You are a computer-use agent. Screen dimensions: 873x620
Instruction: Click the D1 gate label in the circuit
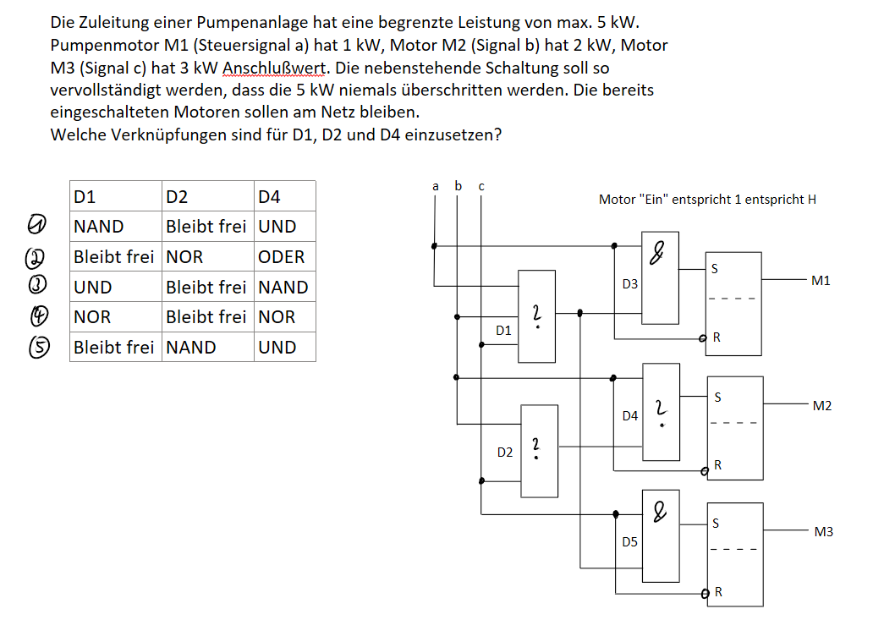click(503, 331)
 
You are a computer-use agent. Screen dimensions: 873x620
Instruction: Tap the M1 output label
click(821, 281)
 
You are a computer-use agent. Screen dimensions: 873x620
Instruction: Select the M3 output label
click(823, 531)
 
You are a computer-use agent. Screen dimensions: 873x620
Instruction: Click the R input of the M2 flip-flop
click(717, 464)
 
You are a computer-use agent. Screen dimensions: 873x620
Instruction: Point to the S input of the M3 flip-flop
click(716, 524)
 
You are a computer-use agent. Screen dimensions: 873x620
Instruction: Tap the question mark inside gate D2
click(535, 448)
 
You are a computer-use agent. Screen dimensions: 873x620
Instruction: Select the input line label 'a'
click(436, 186)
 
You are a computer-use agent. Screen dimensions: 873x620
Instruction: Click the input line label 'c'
click(481, 186)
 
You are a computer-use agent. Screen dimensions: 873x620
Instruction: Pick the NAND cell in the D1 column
click(98, 227)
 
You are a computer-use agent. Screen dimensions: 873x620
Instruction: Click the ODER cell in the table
click(281, 257)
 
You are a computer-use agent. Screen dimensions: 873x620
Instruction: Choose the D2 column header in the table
click(177, 197)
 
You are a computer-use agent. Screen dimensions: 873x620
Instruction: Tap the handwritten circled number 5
click(38, 347)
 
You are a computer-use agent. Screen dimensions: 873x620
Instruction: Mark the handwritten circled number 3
click(37, 284)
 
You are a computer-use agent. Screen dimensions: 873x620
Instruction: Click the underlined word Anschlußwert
click(274, 68)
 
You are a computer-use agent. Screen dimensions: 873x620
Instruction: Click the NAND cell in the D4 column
click(283, 288)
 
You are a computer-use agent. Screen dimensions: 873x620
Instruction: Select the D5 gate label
click(629, 541)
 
